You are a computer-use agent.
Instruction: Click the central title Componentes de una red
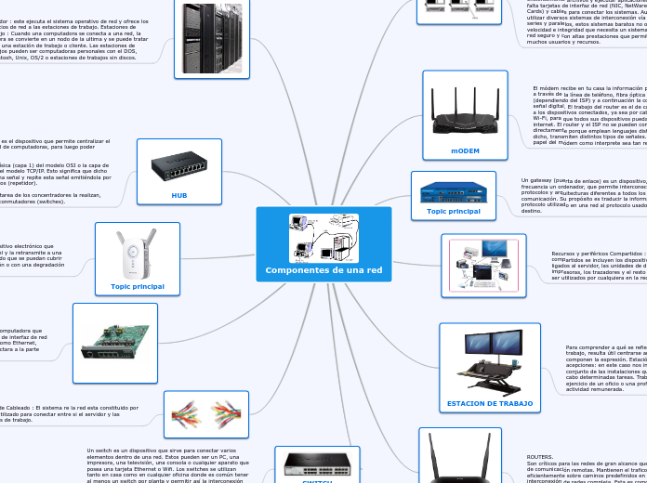tap(323, 270)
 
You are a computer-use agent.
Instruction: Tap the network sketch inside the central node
tap(323, 238)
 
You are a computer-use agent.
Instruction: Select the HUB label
tap(179, 196)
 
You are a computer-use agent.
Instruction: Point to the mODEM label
tap(465, 150)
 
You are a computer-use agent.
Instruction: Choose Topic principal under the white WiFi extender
tap(138, 286)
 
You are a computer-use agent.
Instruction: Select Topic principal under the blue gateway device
tap(454, 211)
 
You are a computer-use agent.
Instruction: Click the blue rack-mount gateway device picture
tap(453, 191)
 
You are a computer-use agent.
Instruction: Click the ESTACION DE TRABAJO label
tap(490, 403)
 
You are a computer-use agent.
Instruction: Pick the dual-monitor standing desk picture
tap(490, 364)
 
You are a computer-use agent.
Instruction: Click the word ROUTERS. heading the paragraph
tap(540, 457)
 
